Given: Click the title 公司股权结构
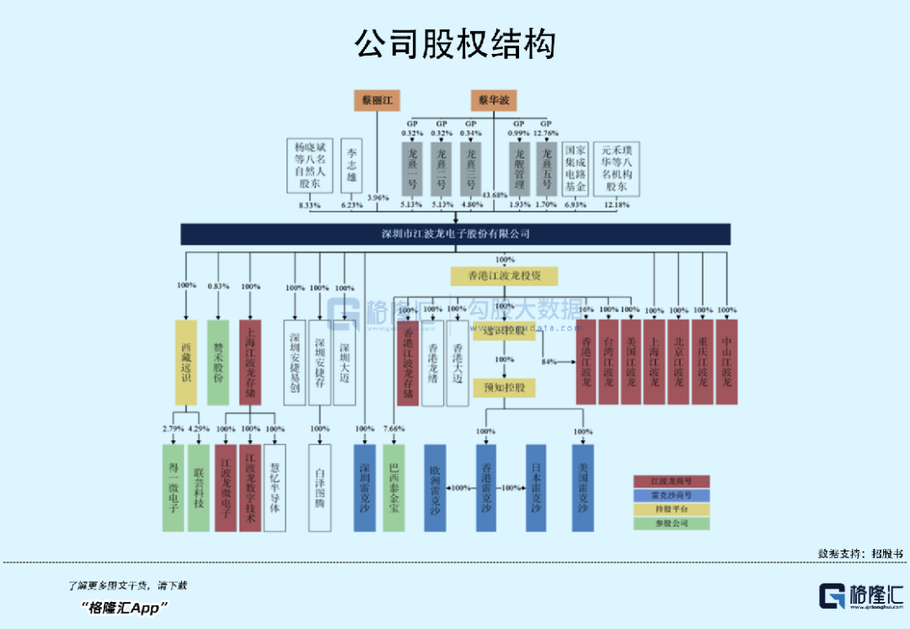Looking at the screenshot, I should point(455,43).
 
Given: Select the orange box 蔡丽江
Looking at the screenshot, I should point(375,100).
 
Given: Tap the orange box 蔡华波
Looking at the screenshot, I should point(494,100).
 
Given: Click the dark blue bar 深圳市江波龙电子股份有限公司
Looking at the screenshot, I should point(455,234).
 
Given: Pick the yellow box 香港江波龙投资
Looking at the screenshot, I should point(505,276).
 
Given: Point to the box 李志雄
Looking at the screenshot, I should point(352,166).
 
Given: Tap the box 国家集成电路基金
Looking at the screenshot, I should point(575,169).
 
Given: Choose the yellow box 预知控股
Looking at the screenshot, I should point(505,388).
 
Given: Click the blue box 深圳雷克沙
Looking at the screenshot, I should point(365,487).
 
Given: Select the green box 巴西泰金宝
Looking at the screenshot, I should point(393,487).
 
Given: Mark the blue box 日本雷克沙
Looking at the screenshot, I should point(536,487).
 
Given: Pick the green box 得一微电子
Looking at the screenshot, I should point(173,487).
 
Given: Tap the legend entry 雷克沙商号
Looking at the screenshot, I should point(672,495).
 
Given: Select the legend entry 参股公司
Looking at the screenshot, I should point(672,524).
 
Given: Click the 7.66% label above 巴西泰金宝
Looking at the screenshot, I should point(393,429).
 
